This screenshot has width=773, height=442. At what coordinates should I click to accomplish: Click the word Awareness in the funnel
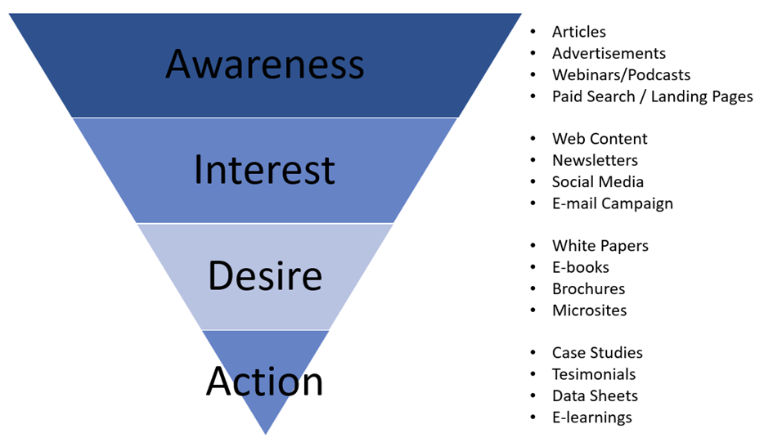264,64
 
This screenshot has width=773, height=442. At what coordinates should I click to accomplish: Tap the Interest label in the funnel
264,169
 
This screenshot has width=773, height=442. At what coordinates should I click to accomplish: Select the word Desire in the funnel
264,275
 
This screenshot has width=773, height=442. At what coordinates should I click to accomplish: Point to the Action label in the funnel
264,381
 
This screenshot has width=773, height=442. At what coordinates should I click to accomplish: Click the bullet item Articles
578,32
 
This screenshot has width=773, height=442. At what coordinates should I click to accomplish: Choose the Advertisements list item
609,53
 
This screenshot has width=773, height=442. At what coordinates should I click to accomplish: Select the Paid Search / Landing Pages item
652,96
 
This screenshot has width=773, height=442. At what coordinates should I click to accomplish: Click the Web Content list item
600,139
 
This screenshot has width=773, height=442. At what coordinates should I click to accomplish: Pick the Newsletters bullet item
595,160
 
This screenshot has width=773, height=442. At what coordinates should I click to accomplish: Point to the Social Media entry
598,181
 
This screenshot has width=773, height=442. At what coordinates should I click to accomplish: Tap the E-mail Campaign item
612,203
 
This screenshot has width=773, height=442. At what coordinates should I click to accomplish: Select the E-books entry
580,267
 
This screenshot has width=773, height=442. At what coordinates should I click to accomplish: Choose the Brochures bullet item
588,288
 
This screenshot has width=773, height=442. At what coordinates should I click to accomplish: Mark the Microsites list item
589,310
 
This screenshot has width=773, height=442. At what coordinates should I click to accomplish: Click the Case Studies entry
597,353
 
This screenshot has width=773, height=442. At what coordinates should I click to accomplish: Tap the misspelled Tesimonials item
594,374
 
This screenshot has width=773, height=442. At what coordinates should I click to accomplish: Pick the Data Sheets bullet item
595,395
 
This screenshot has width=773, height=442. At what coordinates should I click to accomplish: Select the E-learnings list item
591,417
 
